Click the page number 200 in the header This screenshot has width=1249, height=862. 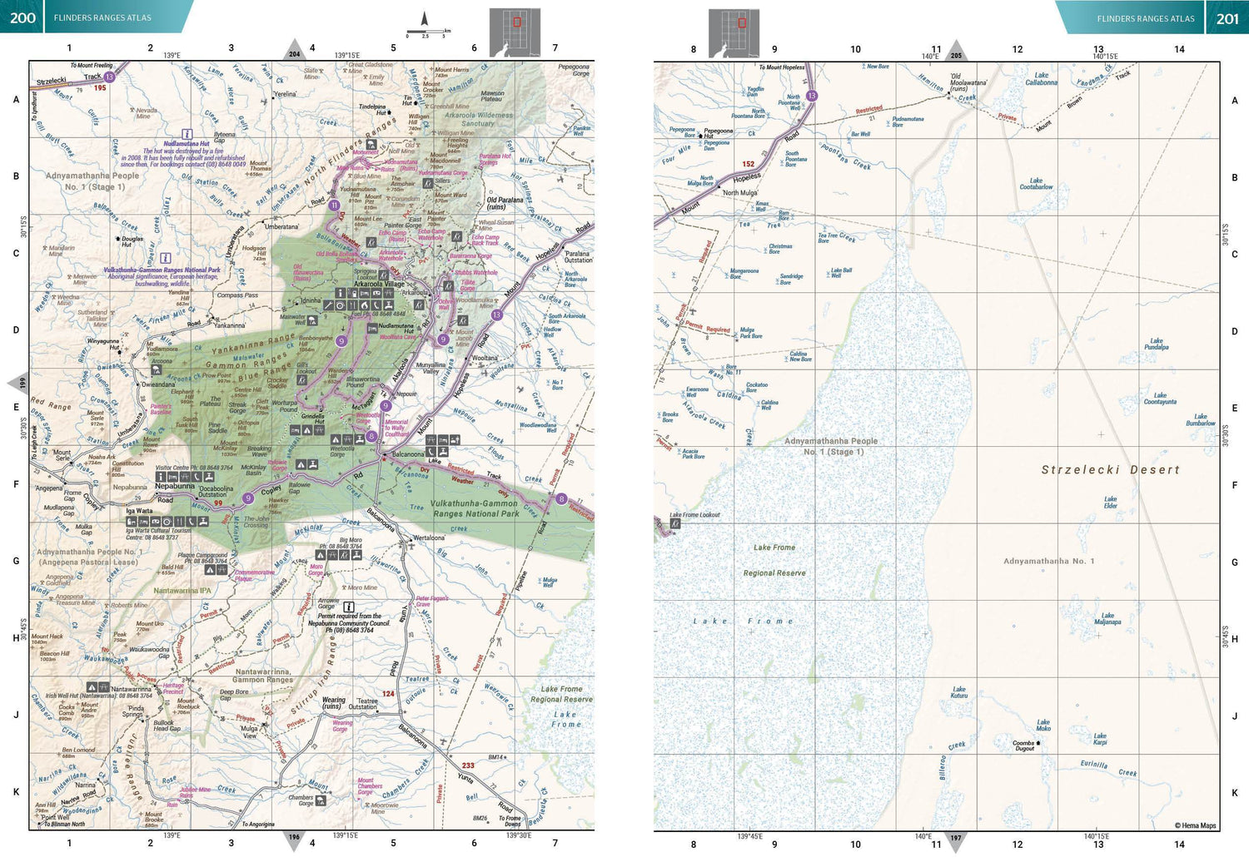[22, 17]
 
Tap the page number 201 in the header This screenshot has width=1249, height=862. [1227, 18]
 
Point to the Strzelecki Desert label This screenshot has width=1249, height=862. [1110, 470]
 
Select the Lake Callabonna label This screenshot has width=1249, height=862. [1041, 79]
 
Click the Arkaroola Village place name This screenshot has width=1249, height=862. [379, 284]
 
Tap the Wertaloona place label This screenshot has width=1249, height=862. [429, 538]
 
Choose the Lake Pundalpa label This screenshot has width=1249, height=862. [1156, 344]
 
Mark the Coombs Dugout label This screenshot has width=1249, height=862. [1024, 746]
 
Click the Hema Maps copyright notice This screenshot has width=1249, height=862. [1195, 825]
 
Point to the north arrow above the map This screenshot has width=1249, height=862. [424, 19]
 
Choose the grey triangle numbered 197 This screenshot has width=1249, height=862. [956, 840]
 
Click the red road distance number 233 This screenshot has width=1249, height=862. [468, 765]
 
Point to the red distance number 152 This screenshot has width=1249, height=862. [748, 164]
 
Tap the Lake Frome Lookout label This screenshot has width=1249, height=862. [694, 515]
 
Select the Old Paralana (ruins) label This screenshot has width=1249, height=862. [505, 203]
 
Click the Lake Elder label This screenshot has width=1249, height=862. [1110, 502]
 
